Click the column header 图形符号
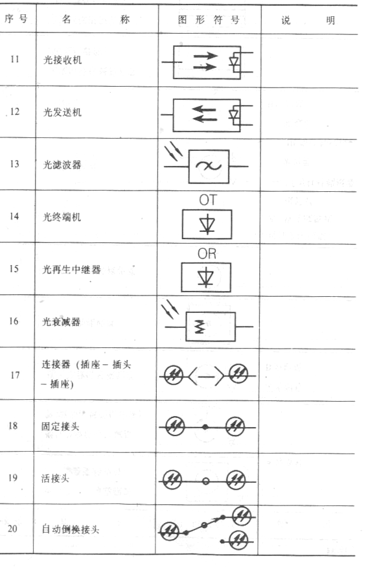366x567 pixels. (209, 19)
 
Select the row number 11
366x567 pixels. (14, 59)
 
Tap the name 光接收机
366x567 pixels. (63, 60)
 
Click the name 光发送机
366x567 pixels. (63, 112)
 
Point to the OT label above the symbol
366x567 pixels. (207, 200)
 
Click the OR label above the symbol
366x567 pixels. (207, 254)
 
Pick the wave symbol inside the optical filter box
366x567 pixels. (209, 166)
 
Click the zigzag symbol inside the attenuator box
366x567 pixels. (200, 327)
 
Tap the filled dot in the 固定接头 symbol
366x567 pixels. (205, 427)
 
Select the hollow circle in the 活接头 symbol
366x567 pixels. (205, 481)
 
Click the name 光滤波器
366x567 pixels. (62, 165)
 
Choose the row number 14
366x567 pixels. (14, 216)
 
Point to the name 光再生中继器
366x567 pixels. (72, 270)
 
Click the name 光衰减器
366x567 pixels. (62, 321)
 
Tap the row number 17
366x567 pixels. (15, 375)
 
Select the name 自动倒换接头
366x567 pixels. (71, 529)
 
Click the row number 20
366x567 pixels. (13, 528)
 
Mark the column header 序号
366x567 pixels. (16, 18)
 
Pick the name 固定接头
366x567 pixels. (60, 426)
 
